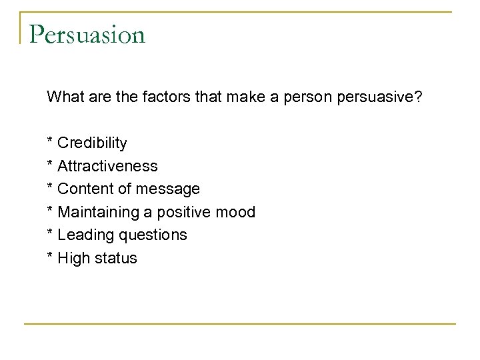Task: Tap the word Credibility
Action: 92,143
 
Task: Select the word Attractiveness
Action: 108,166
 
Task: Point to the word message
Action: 167,189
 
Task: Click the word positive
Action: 189,213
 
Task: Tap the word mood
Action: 237,213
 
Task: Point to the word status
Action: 115,259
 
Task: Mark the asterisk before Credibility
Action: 50,141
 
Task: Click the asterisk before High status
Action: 50,256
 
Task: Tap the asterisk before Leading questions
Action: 50,233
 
